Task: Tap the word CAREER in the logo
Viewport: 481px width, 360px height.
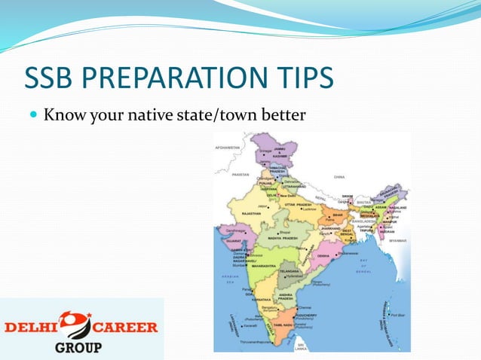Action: [x=126, y=327]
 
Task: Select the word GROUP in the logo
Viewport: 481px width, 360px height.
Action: [x=79, y=348]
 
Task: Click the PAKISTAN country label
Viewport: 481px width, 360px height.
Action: [x=239, y=174]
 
